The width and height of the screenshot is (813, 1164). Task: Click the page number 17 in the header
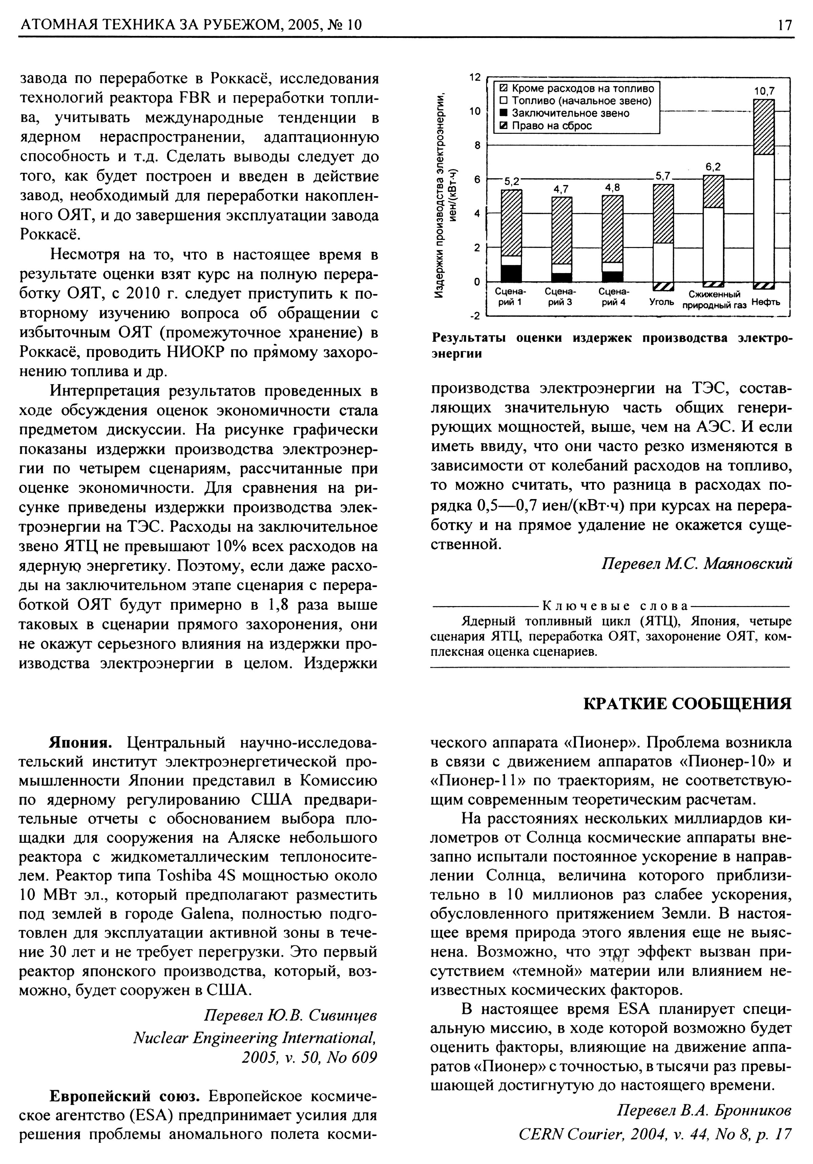tap(785, 25)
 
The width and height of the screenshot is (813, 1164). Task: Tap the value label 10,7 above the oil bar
tap(764, 91)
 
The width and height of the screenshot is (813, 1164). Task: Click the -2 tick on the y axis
tap(474, 316)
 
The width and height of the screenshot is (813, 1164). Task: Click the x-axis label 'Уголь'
tap(662, 303)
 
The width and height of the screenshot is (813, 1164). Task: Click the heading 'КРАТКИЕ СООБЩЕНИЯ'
tap(687, 704)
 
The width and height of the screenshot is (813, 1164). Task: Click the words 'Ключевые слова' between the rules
tap(615, 606)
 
